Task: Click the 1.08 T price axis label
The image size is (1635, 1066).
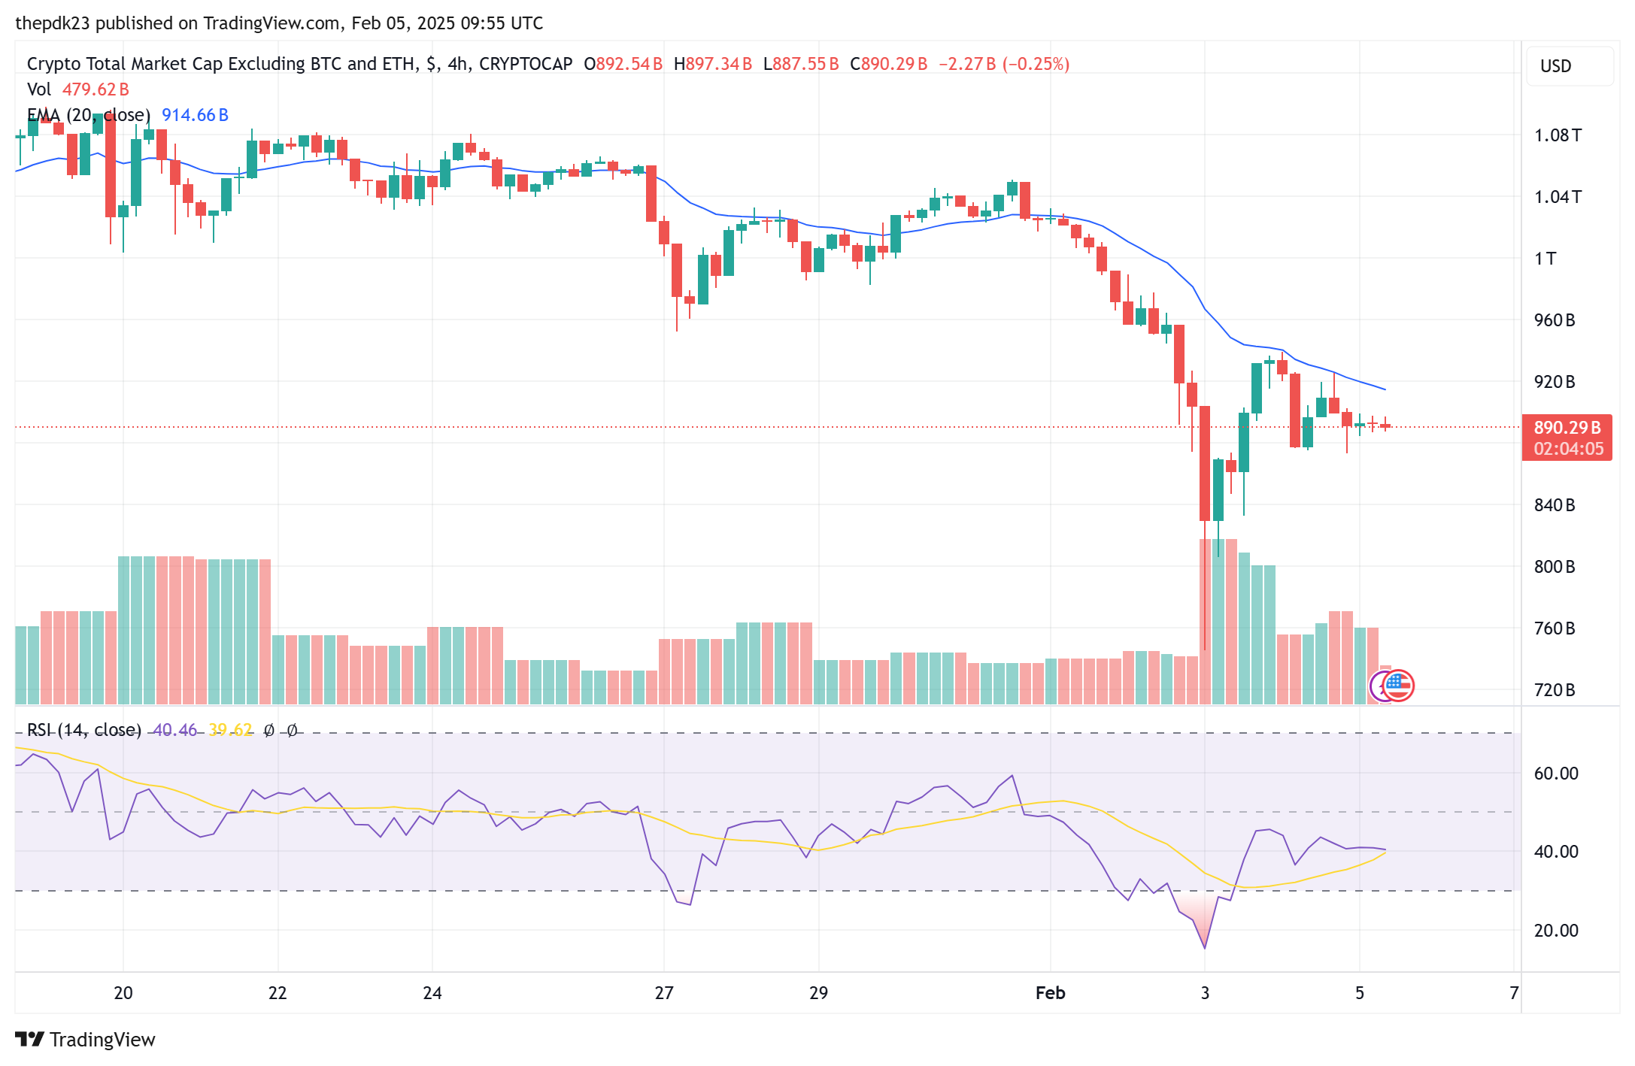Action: click(1557, 135)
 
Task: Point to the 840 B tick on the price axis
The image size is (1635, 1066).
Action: click(1554, 505)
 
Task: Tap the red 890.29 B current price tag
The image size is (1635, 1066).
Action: click(1567, 428)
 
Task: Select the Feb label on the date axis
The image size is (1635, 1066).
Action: click(1050, 993)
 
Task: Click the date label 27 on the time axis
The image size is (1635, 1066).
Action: click(664, 993)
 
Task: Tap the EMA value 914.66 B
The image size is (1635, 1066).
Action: click(195, 115)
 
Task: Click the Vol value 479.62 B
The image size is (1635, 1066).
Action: click(96, 89)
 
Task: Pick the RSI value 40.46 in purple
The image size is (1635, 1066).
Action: click(174, 730)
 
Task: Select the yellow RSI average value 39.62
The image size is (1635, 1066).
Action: click(230, 730)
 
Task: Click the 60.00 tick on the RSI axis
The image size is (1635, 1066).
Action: click(1555, 774)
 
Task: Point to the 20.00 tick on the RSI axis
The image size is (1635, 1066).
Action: click(1555, 931)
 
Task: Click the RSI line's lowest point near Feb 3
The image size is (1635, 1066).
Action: click(1205, 947)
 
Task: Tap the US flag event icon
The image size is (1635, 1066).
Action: click(1398, 685)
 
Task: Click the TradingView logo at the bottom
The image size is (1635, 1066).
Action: click(85, 1040)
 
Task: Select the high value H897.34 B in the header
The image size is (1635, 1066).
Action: click(712, 64)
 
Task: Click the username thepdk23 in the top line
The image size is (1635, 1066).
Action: click(53, 23)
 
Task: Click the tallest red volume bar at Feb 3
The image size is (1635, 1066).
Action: click(1206, 621)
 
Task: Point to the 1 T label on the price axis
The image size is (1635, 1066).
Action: click(1545, 259)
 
